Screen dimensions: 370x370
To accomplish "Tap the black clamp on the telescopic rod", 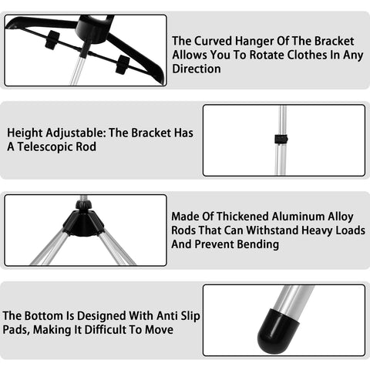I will click(280, 140).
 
